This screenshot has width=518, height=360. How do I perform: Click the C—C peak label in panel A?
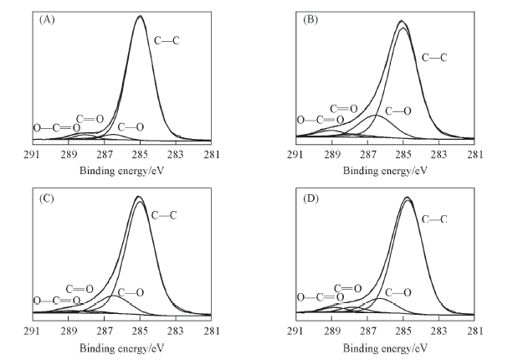[x=164, y=39]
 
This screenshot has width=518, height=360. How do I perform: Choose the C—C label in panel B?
[x=434, y=58]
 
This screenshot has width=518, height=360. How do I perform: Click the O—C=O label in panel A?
[x=56, y=128]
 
